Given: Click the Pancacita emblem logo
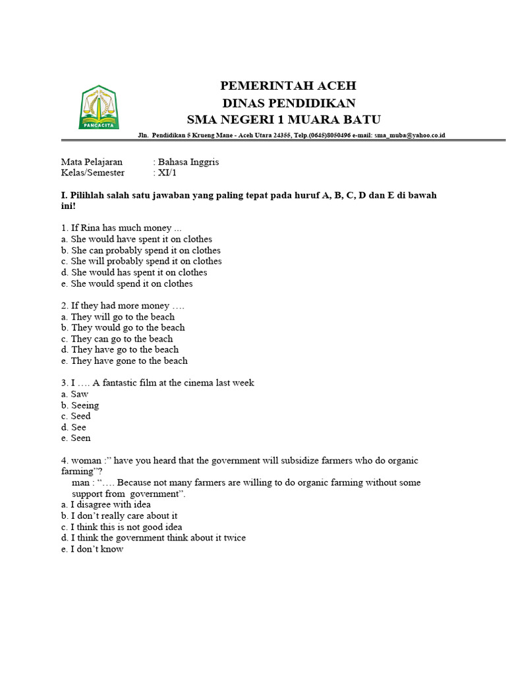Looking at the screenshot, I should [x=98, y=107].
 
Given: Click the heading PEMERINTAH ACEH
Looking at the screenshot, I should [x=288, y=86].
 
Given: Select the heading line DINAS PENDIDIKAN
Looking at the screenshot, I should [x=289, y=103].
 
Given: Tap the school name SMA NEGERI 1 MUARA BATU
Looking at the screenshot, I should [x=284, y=119].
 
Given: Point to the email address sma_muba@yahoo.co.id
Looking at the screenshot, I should [x=410, y=135].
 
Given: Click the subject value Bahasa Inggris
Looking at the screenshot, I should [x=188, y=161].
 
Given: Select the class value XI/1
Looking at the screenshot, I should [x=167, y=173].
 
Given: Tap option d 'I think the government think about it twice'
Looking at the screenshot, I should [x=153, y=538].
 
